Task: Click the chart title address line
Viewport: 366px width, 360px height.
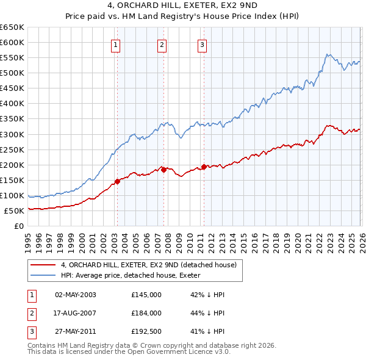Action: click(182, 7)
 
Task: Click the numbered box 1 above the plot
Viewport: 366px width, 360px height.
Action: click(115, 44)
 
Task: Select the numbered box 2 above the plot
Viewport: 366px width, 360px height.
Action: click(162, 44)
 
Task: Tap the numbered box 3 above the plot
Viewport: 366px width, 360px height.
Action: click(202, 44)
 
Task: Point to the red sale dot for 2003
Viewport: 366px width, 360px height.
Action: click(117, 181)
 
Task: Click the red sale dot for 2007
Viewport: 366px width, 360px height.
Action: click(163, 170)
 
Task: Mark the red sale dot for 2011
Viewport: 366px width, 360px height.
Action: click(204, 167)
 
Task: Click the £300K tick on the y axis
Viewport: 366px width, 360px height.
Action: click(13, 134)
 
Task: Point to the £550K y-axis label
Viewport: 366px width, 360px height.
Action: click(13, 57)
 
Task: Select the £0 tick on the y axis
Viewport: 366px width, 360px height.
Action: click(20, 226)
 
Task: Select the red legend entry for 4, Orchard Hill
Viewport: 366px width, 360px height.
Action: click(152, 265)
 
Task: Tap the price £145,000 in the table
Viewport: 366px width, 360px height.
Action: click(146, 295)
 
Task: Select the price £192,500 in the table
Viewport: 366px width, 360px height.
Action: click(146, 331)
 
